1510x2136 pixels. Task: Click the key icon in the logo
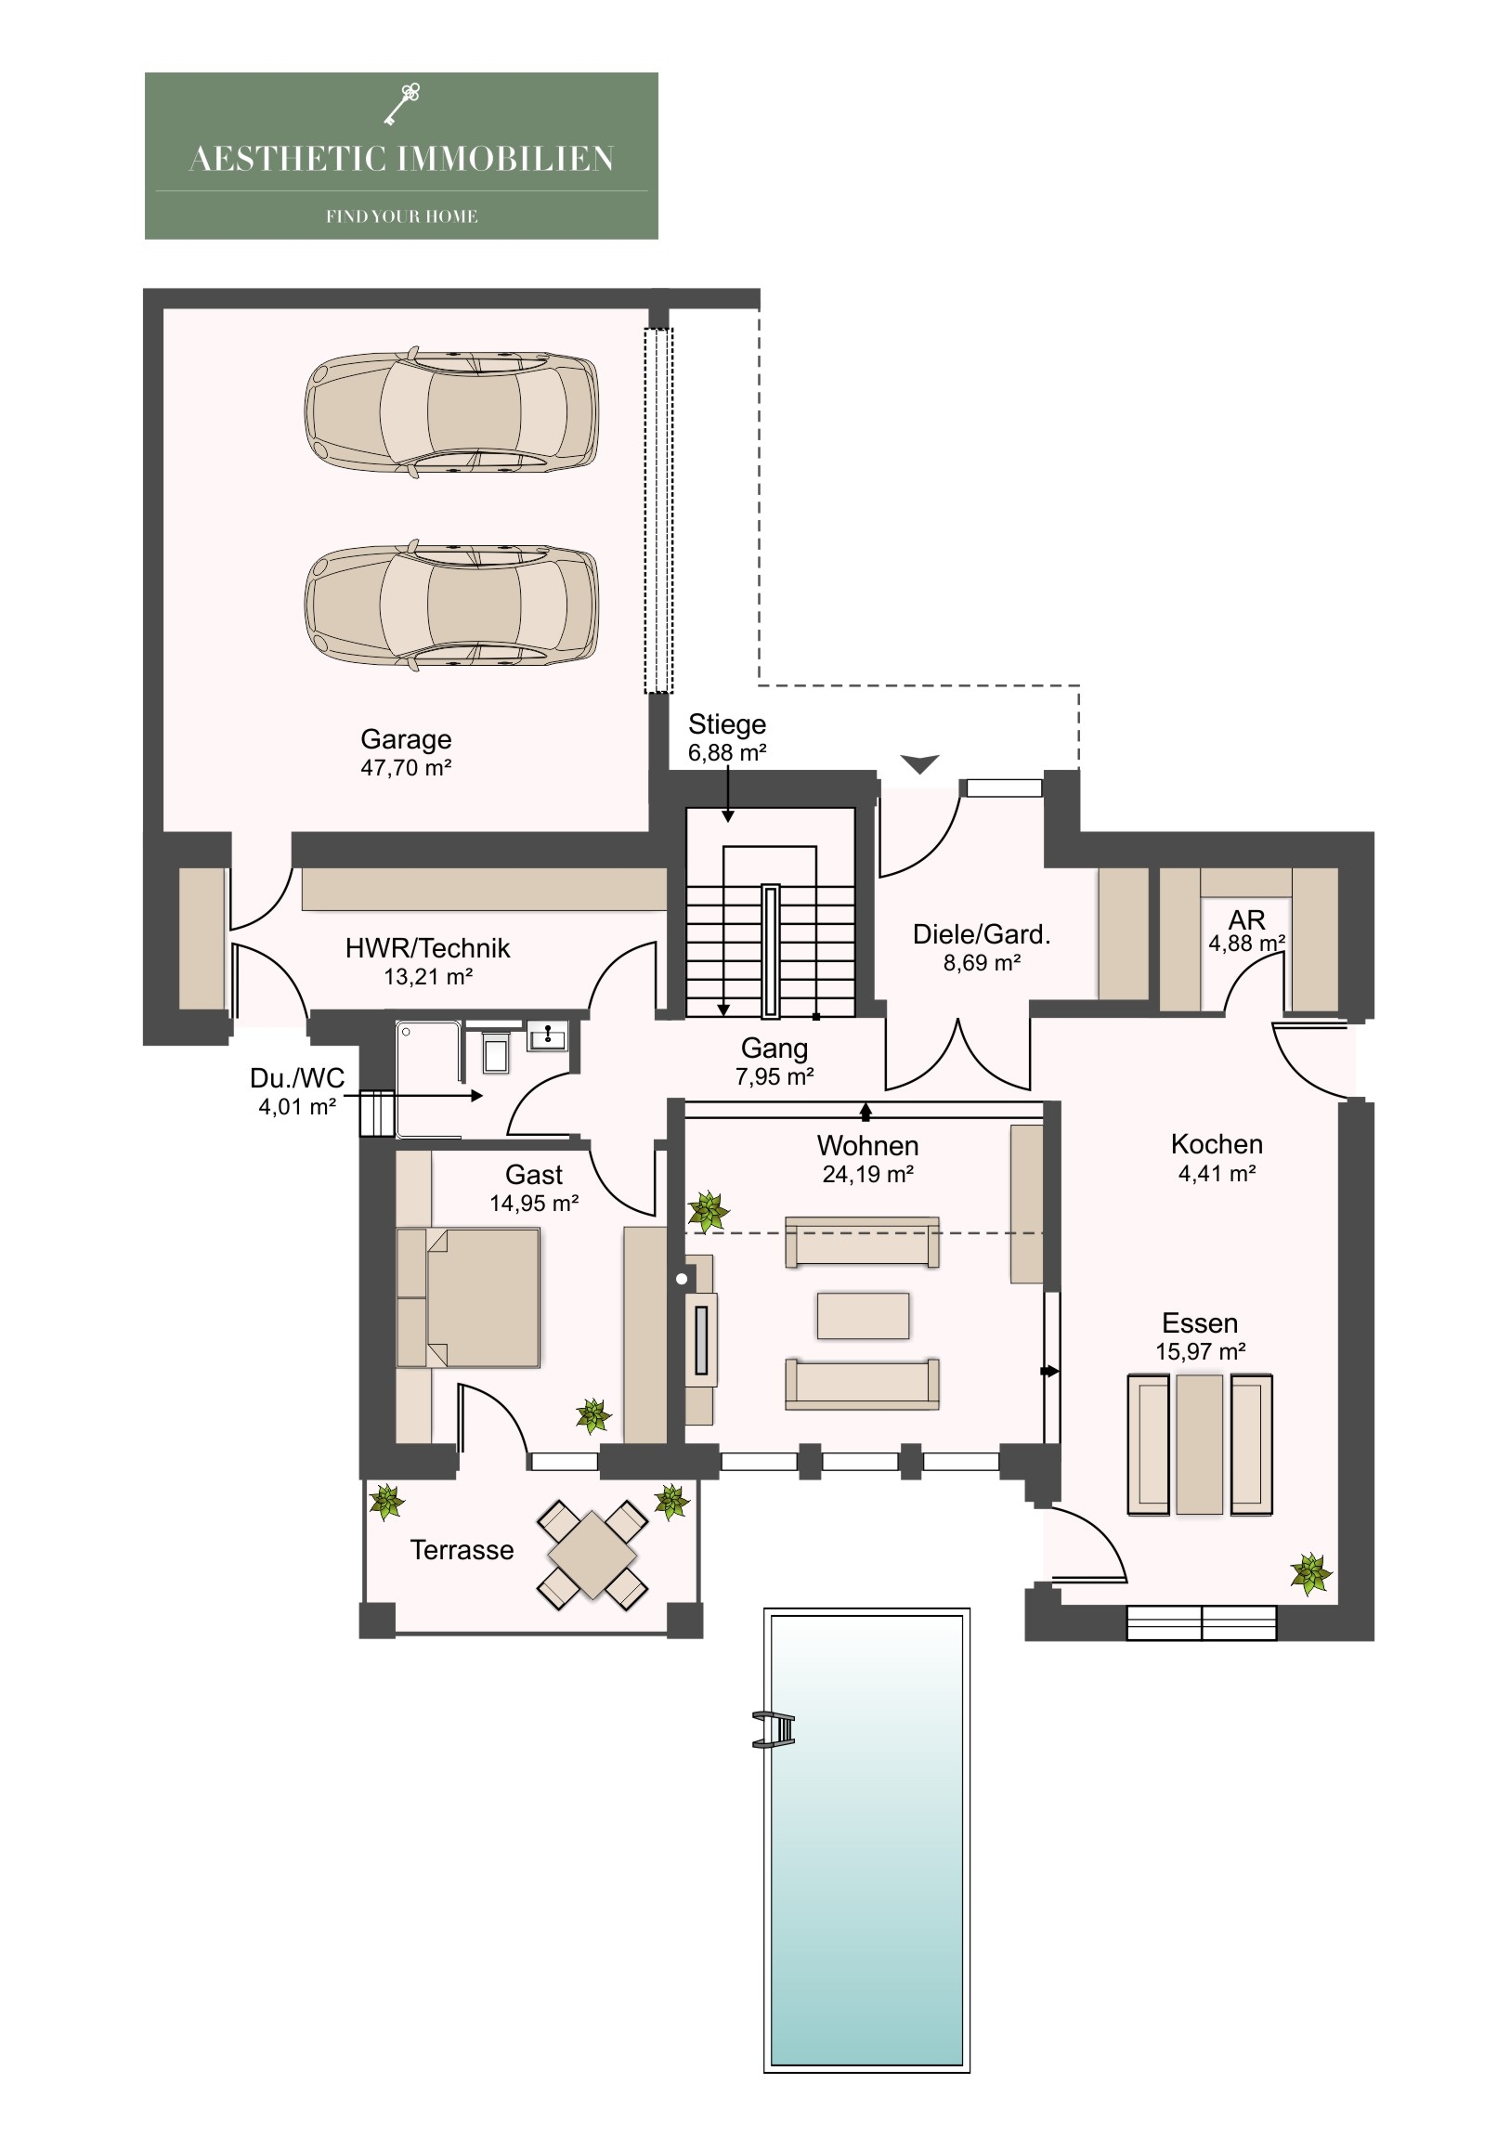[x=402, y=103]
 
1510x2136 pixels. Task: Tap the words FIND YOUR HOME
[x=401, y=216]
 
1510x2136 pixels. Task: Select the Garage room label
[x=406, y=739]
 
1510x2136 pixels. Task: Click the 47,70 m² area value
[x=406, y=768]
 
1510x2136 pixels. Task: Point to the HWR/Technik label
[x=427, y=948]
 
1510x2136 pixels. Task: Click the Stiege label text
[x=726, y=724]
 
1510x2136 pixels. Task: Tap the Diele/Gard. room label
[x=982, y=934]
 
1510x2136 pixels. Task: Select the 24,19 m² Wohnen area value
[x=867, y=1175]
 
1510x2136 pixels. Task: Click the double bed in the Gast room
[x=468, y=1297]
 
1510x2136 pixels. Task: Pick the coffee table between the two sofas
[x=863, y=1315]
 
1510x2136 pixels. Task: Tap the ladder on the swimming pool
[x=775, y=1729]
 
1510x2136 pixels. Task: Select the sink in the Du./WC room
[x=548, y=1035]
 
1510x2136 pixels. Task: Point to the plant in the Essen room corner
[x=1311, y=1573]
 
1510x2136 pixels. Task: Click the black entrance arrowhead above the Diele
[x=919, y=763]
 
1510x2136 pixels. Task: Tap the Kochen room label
[x=1216, y=1144]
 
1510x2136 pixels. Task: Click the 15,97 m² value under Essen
[x=1200, y=1352]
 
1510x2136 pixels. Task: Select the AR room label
[x=1246, y=920]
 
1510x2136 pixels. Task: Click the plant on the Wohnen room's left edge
[x=708, y=1212]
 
